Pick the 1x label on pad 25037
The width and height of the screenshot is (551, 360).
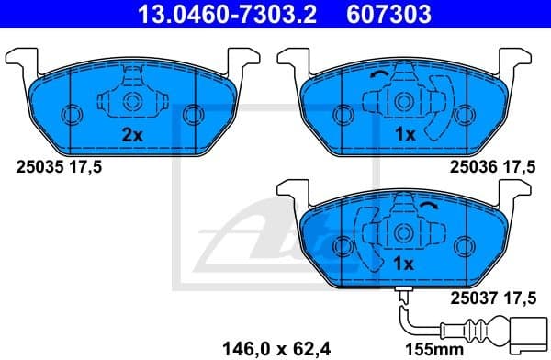click(x=406, y=264)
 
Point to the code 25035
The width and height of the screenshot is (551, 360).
click(x=38, y=168)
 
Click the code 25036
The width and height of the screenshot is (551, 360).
click(x=473, y=168)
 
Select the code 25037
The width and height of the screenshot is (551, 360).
click(x=473, y=296)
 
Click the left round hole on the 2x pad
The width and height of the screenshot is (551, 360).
click(x=71, y=115)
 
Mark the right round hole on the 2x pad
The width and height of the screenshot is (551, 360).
click(x=191, y=115)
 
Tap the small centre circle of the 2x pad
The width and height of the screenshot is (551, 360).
click(x=131, y=102)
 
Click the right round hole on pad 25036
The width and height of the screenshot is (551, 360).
click(x=465, y=115)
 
